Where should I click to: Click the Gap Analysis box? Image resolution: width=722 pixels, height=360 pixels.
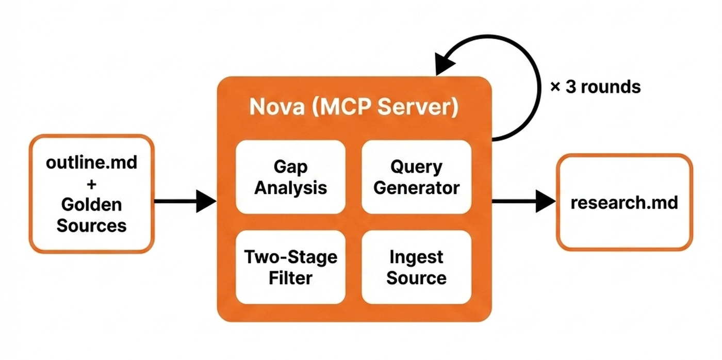tap(290, 177)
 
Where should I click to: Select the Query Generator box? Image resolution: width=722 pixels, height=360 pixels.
tap(416, 177)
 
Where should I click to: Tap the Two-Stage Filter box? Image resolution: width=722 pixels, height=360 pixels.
tap(290, 267)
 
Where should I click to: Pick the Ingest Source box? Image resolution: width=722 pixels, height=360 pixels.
tap(416, 267)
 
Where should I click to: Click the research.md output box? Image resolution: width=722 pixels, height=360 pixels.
tap(624, 202)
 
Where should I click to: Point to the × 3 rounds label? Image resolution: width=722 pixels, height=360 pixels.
tap(595, 87)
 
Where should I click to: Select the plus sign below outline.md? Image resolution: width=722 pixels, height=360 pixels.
tap(92, 184)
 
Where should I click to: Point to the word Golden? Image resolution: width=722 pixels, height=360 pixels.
tap(92, 205)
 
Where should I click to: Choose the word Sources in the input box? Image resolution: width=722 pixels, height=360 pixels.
tap(92, 225)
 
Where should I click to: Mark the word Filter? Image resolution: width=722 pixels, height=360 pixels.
tap(290, 278)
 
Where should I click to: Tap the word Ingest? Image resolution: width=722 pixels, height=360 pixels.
tap(416, 257)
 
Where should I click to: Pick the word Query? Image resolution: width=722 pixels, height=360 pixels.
tap(416, 167)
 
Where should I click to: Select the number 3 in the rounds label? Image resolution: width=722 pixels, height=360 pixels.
tap(571, 87)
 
